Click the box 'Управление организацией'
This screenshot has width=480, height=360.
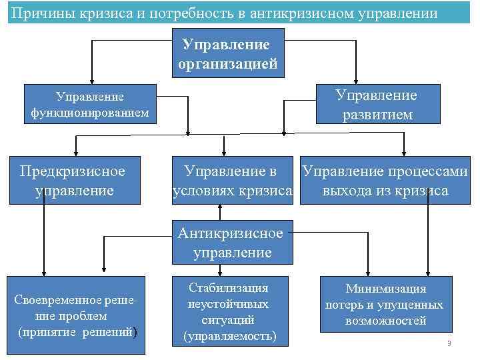[x=228, y=55]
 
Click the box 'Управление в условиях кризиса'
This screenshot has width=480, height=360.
[x=231, y=181]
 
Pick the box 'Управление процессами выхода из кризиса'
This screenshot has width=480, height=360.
[x=385, y=181]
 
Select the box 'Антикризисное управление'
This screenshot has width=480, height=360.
[x=230, y=243]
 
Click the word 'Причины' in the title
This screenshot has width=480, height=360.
[x=39, y=13]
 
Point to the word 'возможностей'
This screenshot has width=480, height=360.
[x=385, y=321]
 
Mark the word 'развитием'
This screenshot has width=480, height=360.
[x=377, y=115]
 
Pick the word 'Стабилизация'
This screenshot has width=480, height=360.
[x=229, y=288]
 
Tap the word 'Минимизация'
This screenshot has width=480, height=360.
[x=385, y=289]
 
